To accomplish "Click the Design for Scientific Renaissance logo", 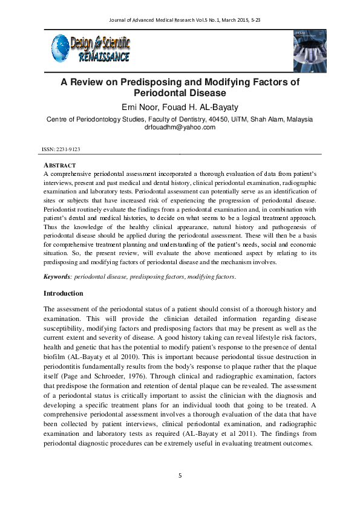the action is click(x=91, y=48).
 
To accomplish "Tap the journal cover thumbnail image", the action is click(x=313, y=51).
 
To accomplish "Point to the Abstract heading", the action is click(x=59, y=165).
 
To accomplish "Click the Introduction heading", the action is click(x=64, y=293).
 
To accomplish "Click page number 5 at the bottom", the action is click(x=180, y=476).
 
